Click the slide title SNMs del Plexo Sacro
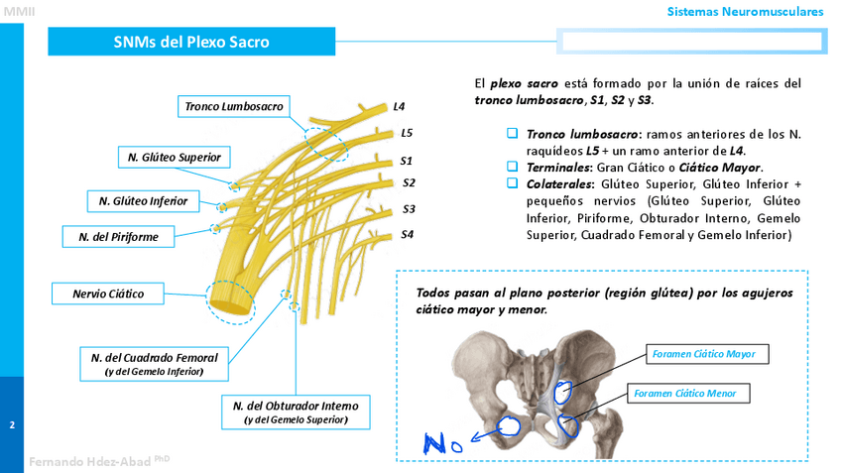click(x=191, y=42)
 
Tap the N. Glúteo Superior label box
click(x=175, y=158)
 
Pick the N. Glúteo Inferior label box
click(x=143, y=201)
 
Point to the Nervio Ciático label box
click(x=108, y=294)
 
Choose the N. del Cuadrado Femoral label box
click(x=154, y=362)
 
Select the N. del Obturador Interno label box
click(x=296, y=412)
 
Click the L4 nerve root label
click(x=399, y=106)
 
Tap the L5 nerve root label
click(x=407, y=133)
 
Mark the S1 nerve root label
click(x=407, y=160)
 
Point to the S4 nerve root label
click(x=408, y=235)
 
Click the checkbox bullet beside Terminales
click(x=513, y=167)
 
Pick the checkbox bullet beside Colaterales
click(x=513, y=183)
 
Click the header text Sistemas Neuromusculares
click(x=745, y=12)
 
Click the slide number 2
click(x=12, y=425)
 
